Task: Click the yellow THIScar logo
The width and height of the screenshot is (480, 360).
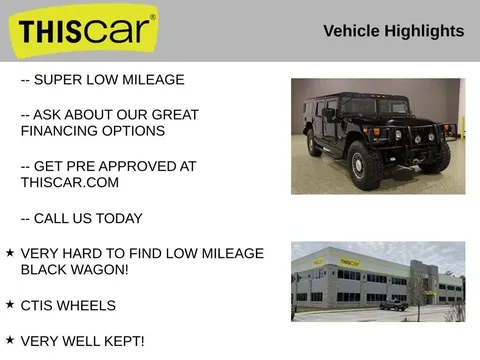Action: point(83,31)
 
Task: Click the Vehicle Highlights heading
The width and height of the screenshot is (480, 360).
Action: point(394,31)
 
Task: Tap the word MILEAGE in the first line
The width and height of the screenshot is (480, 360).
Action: point(153,80)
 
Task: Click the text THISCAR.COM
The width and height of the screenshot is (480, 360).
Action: point(70,183)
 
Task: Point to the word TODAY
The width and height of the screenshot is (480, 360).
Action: point(119,219)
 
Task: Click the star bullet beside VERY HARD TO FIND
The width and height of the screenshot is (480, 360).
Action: point(10,253)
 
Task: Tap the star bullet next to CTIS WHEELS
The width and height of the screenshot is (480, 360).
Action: point(10,304)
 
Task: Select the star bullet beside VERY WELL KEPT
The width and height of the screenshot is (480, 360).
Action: point(10,340)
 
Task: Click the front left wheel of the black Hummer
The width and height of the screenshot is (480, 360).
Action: point(364,165)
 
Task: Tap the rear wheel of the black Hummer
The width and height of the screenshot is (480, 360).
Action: point(314,143)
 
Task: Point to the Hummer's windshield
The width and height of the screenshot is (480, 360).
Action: point(374,106)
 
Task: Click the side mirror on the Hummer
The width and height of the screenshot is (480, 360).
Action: point(328,114)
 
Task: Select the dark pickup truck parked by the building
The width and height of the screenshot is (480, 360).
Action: point(394,305)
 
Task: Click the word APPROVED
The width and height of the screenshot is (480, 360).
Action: point(136,166)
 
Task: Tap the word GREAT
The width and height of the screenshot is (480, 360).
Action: point(175,115)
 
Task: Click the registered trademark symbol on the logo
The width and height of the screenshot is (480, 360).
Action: point(153,17)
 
